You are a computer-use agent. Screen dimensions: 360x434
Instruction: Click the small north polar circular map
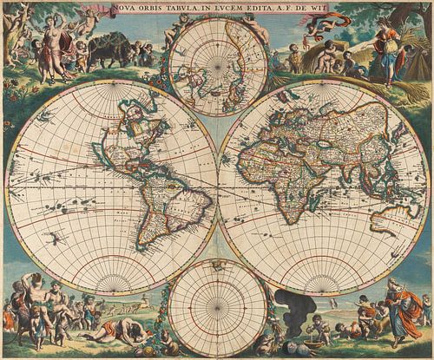(218, 65)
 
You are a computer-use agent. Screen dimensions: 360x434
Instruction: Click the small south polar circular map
(217, 308)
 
